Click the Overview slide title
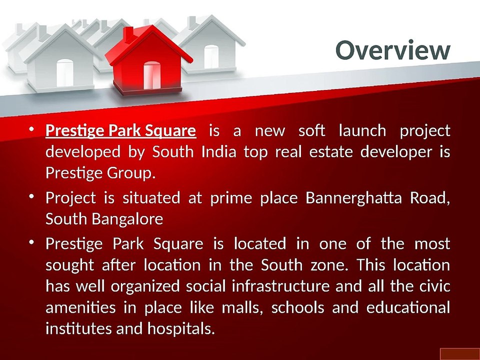(392, 50)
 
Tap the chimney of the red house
(128, 34)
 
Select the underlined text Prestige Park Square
(120, 131)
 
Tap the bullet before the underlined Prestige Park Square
(31, 130)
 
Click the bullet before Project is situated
(31, 197)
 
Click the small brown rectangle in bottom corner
(459, 354)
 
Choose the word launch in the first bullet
(362, 131)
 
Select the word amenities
(80, 307)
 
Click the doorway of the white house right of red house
(211, 56)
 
